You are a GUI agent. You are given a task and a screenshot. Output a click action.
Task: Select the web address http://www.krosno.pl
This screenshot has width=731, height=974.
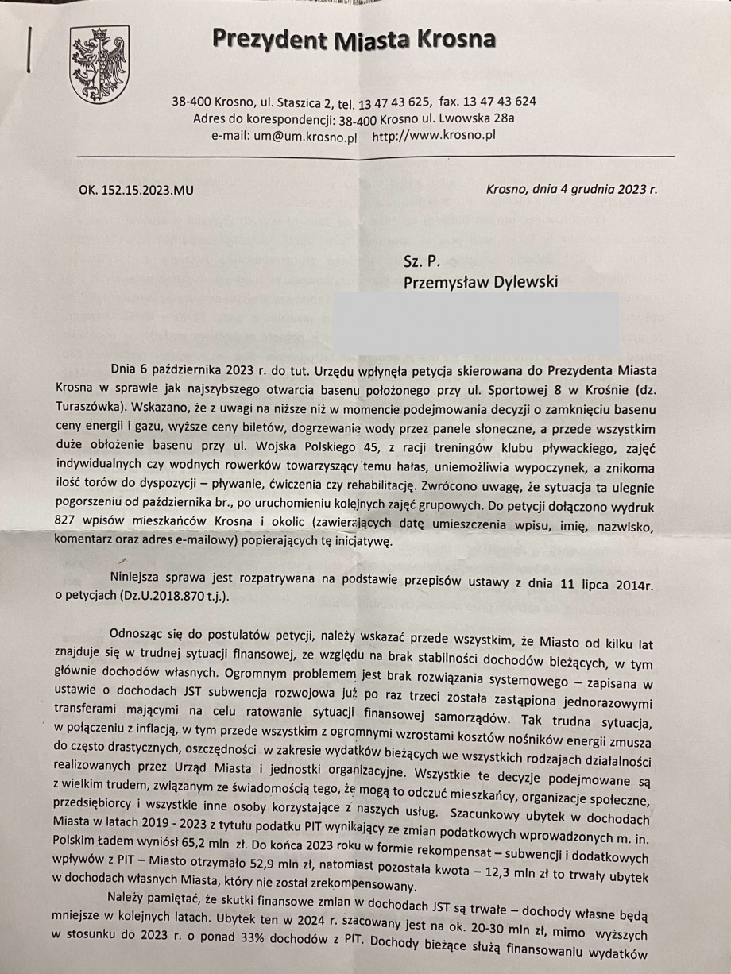coord(434,136)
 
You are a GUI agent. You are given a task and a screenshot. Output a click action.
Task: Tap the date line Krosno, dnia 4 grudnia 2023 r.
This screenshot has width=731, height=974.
coord(570,190)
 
